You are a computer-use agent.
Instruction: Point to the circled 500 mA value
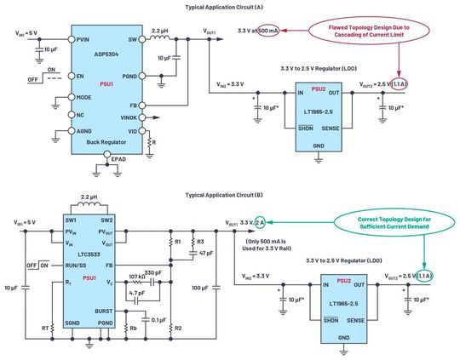266,31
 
